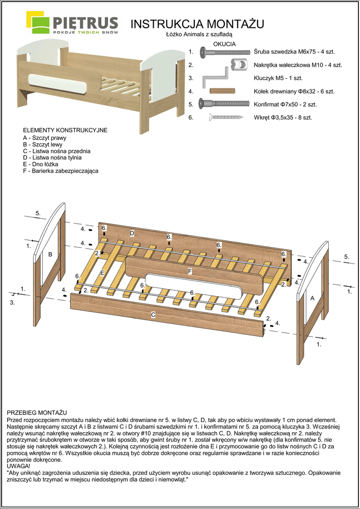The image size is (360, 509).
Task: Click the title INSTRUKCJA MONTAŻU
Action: point(196,24)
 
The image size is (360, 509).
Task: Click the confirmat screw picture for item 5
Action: point(223,104)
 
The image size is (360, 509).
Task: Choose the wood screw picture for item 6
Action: point(226,118)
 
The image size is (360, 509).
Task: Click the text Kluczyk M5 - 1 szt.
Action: point(278,78)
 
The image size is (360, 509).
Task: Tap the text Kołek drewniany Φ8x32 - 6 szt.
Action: point(294,91)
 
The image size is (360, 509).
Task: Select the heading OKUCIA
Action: point(224,44)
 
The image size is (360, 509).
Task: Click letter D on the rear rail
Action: point(132,233)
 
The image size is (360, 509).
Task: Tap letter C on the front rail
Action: point(153,315)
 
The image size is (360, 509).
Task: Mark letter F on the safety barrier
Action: point(190,271)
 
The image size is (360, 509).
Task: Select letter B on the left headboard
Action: point(50,254)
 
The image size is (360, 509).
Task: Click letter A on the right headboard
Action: point(313,298)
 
